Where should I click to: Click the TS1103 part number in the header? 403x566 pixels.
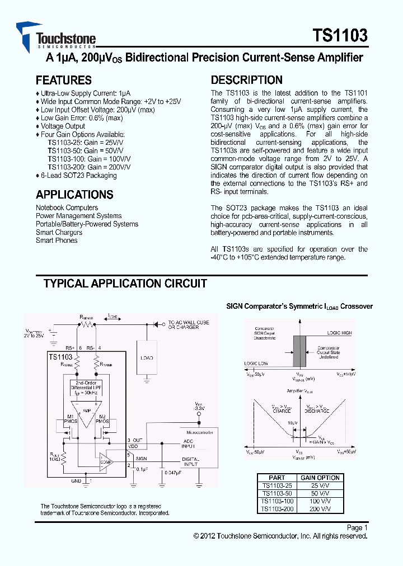click(340, 36)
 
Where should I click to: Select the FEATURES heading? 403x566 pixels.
click(63, 80)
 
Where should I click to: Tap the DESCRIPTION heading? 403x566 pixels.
click(246, 80)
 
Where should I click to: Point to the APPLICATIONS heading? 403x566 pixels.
click(74, 195)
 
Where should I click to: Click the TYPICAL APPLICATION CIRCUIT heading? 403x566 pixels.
click(125, 284)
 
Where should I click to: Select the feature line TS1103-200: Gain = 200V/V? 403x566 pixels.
click(90, 167)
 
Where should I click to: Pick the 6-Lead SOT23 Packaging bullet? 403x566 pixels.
click(78, 176)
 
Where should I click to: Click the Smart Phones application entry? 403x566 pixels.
click(57, 240)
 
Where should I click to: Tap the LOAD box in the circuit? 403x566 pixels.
click(147, 357)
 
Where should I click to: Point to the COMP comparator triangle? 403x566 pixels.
click(106, 461)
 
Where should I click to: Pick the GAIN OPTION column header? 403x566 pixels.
click(320, 478)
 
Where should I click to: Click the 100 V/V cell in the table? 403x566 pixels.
click(320, 502)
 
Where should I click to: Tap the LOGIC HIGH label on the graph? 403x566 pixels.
click(339, 333)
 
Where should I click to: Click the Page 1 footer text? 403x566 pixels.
click(357, 527)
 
